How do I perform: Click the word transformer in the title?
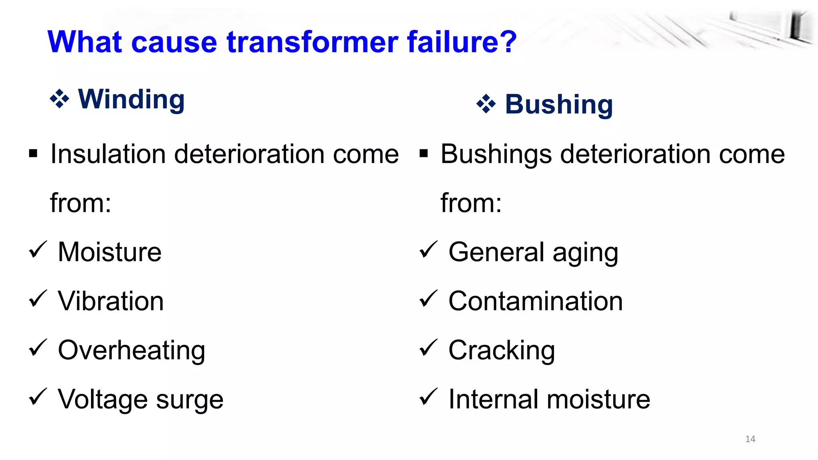pyautogui.click(x=312, y=42)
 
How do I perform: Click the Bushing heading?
pyautogui.click(x=558, y=104)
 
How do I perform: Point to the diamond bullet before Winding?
pyautogui.click(x=60, y=99)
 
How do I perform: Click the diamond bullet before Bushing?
pyautogui.click(x=486, y=104)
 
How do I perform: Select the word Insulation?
pyautogui.click(x=108, y=154)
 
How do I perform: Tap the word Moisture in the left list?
pyautogui.click(x=110, y=252)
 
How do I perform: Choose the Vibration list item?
pyautogui.click(x=111, y=301)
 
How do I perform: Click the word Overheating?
pyautogui.click(x=131, y=350)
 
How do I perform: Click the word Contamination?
pyautogui.click(x=535, y=301)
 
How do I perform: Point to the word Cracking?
pyautogui.click(x=501, y=351)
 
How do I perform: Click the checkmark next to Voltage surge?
pyautogui.click(x=38, y=397)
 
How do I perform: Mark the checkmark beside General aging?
pyautogui.click(x=428, y=250)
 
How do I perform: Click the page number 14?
pyautogui.click(x=750, y=439)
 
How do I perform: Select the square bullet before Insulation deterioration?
pyautogui.click(x=33, y=154)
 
